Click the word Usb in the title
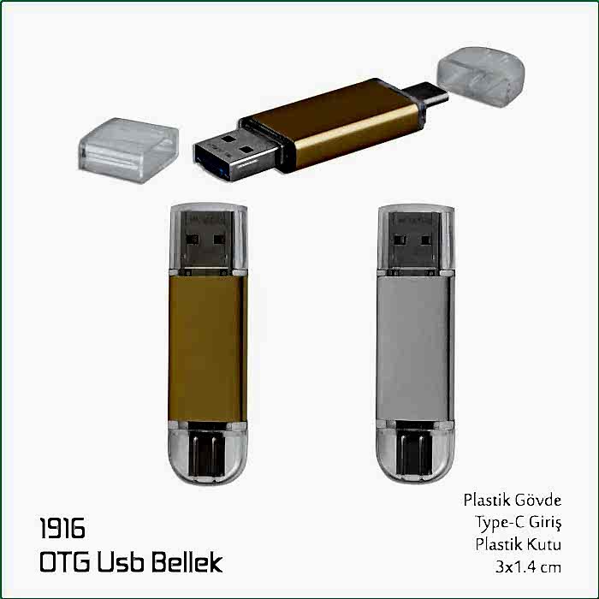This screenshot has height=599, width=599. (126, 562)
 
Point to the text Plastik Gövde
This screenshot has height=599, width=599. (513, 500)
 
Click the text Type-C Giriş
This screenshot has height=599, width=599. (519, 522)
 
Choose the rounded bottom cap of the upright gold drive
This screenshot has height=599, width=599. (205, 457)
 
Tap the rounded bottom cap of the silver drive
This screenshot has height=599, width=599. (412, 457)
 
